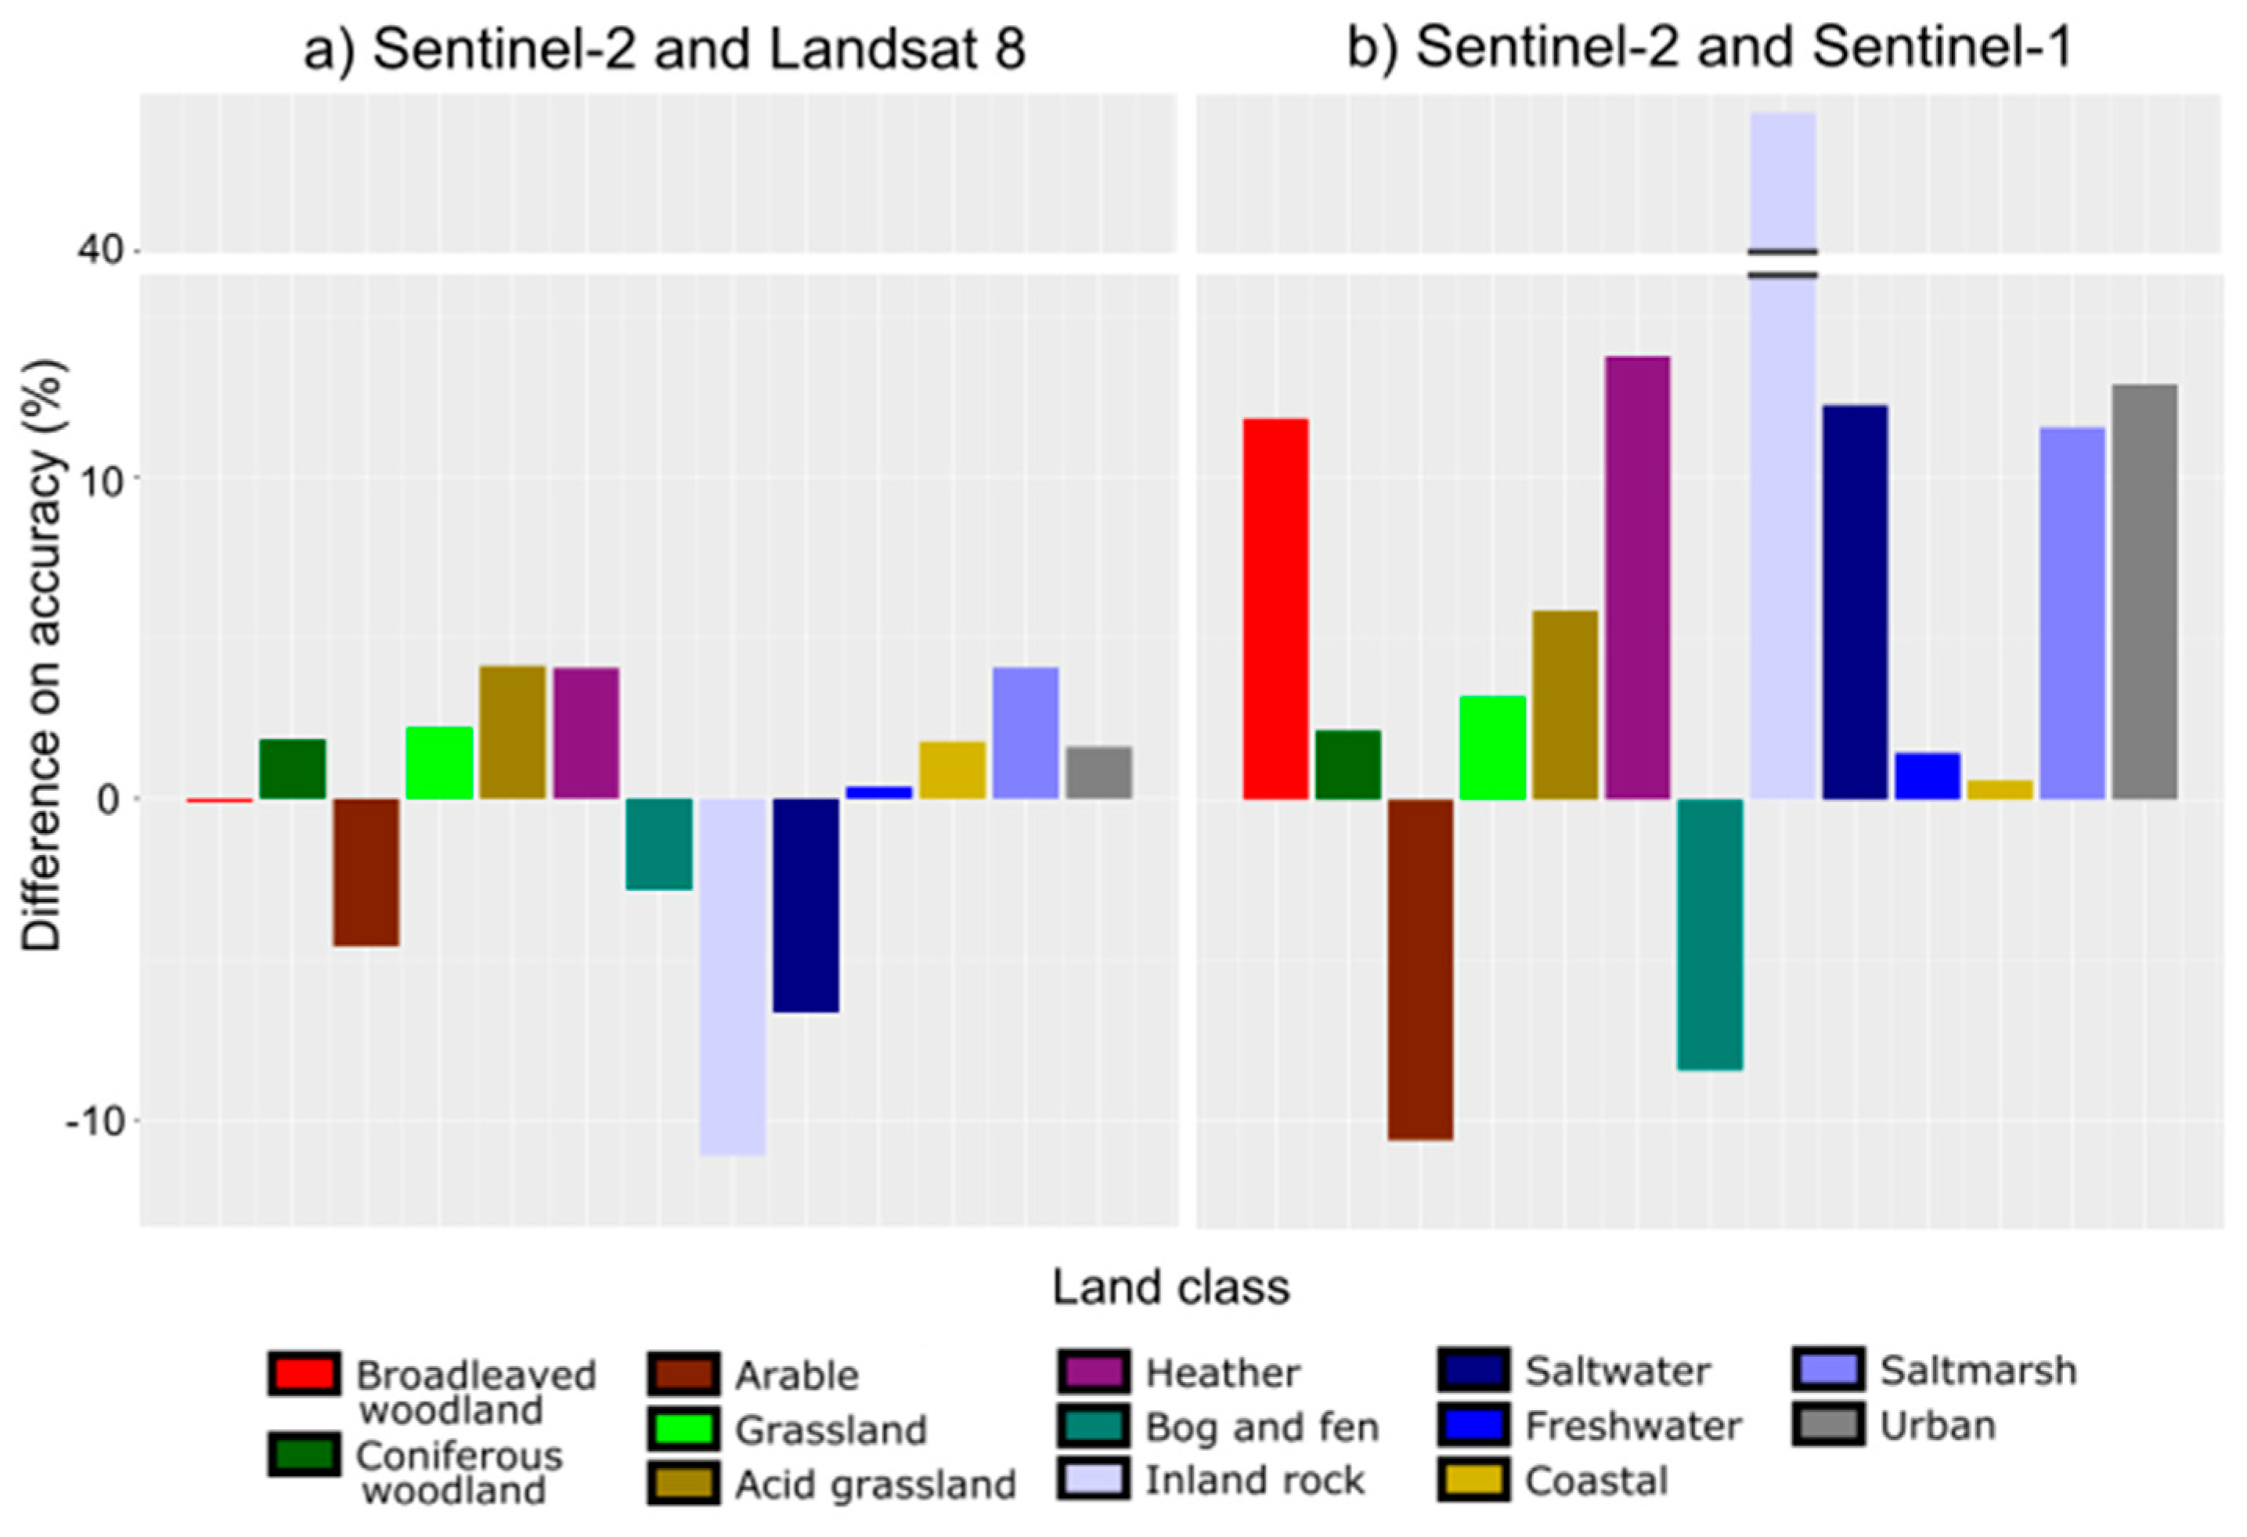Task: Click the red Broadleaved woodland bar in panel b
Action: tap(1275, 609)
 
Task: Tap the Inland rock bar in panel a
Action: tap(732, 976)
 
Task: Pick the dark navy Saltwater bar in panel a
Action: tap(806, 905)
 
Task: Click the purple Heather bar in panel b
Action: tap(1637, 577)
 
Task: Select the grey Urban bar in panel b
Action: tap(2144, 592)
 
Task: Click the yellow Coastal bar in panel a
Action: tap(952, 770)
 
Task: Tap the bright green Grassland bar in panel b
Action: tap(1492, 747)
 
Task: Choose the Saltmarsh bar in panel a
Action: tap(1025, 733)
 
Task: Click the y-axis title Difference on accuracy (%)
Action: tap(44, 655)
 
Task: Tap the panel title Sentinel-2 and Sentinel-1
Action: tap(1708, 46)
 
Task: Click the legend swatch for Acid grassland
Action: tap(683, 1484)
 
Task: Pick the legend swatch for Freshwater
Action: tap(1473, 1426)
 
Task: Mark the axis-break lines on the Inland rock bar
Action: tap(1782, 263)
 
